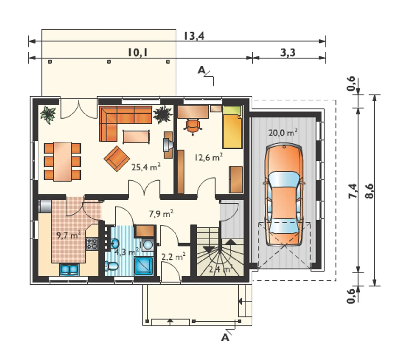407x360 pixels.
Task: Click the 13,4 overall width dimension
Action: [x=194, y=36]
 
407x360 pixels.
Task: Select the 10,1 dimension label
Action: [x=138, y=53]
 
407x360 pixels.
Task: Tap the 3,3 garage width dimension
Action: [x=288, y=53]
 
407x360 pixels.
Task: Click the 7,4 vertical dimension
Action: [x=353, y=191]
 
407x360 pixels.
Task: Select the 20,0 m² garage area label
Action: [x=283, y=133]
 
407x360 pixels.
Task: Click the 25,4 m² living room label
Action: [x=146, y=167]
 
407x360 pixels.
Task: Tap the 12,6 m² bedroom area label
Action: [x=208, y=157]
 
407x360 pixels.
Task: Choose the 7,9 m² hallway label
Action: [x=161, y=213]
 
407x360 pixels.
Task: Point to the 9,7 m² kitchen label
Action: [x=68, y=235]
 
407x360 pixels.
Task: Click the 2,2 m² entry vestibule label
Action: [x=173, y=257]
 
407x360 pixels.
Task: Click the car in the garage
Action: [x=284, y=195]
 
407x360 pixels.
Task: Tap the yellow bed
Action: [x=232, y=127]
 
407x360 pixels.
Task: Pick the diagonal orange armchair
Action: [x=117, y=158]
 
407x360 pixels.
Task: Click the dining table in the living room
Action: [x=62, y=162]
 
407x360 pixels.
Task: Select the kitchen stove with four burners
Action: [x=92, y=244]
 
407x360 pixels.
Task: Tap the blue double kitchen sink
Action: [x=69, y=270]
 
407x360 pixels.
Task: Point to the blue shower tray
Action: [x=144, y=266]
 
